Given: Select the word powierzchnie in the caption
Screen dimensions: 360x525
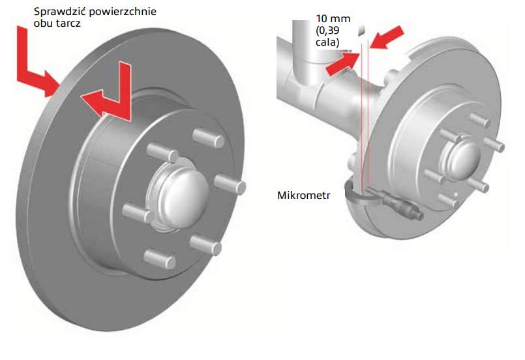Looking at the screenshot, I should (124, 12).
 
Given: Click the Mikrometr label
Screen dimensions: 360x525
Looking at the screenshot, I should (305, 194).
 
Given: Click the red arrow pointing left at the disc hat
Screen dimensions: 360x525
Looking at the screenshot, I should (108, 98).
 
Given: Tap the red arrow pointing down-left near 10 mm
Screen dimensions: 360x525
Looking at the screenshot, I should (390, 36).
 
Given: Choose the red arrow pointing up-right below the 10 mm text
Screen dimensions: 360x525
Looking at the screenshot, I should (342, 63).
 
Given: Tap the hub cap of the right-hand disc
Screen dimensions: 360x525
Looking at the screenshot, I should (457, 158).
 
